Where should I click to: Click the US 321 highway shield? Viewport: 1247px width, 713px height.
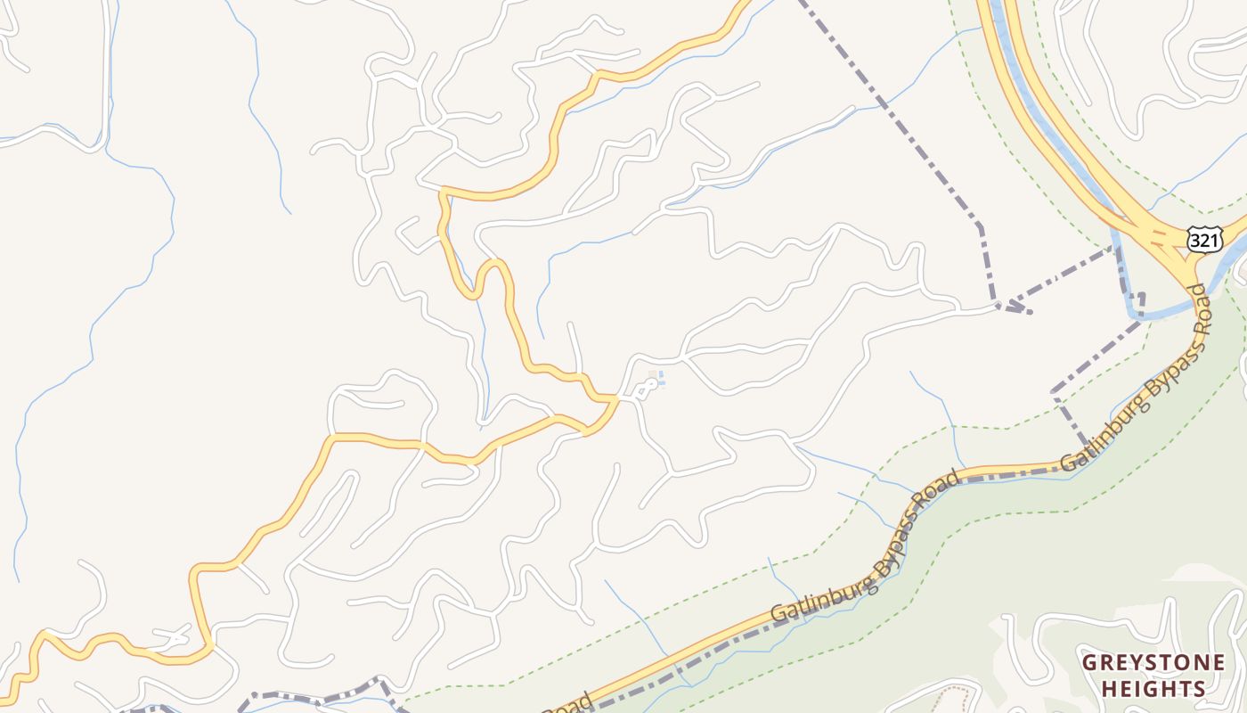[x=1204, y=238]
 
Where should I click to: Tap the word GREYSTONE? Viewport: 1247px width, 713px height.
[x=1153, y=662]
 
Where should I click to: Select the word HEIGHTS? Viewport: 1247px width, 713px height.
[x=1153, y=688]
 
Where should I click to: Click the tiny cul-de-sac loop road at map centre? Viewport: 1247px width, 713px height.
[x=647, y=388]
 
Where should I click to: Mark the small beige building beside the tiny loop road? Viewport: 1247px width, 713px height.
[x=653, y=374]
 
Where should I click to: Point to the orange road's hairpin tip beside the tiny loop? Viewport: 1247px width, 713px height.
[x=615, y=398]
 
